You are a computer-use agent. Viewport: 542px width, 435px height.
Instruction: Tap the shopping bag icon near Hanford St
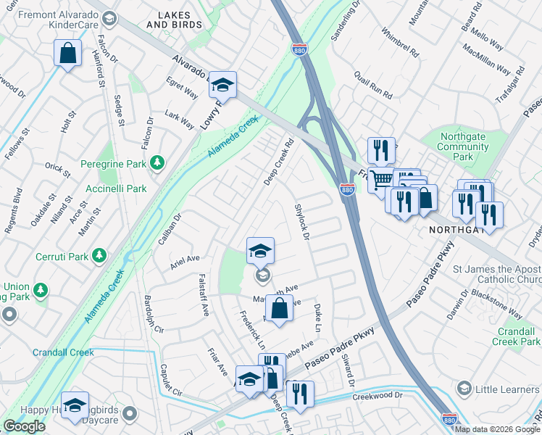coord(67,53)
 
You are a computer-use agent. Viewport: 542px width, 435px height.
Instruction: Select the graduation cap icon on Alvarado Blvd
coord(223,85)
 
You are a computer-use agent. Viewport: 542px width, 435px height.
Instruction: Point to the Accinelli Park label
coord(114,188)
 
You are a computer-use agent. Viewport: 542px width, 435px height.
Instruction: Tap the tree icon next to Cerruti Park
coord(99,257)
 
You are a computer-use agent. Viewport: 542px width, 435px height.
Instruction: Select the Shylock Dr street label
coord(302,222)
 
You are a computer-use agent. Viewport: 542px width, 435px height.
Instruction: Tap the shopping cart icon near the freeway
coord(381,178)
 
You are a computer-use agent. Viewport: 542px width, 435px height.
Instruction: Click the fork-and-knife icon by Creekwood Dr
coord(299,394)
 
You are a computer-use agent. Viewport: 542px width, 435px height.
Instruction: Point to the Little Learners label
coord(506,389)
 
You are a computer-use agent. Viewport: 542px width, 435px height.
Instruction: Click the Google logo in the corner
coord(23,426)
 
